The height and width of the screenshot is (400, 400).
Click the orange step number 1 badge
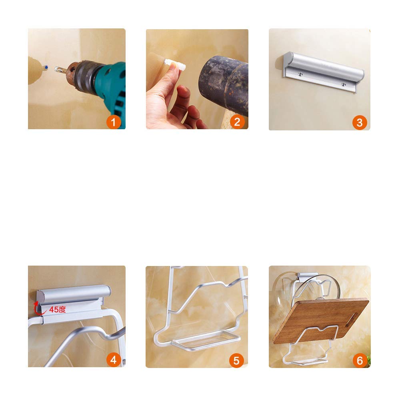tap(114, 122)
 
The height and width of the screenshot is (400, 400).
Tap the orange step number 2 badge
tap(237, 122)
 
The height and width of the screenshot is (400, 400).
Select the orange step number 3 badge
tap(360, 122)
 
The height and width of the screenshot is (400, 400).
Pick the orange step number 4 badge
tap(114, 360)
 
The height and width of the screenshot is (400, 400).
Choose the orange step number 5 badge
tap(236, 360)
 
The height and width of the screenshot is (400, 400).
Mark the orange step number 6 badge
tap(360, 360)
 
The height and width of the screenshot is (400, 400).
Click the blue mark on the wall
tap(46, 68)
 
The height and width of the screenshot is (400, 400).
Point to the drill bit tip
tap(55, 68)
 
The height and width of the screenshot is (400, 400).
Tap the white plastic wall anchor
tap(175, 64)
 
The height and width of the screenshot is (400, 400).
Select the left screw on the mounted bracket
tap(300, 74)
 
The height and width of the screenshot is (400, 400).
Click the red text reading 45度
tap(57, 310)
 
